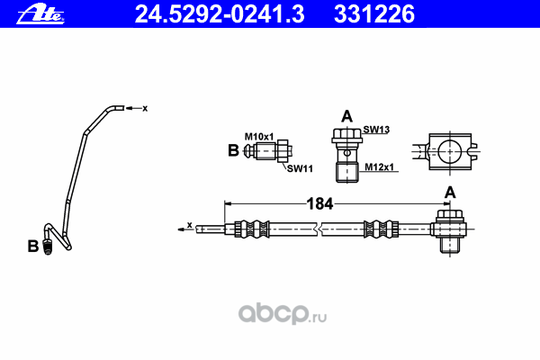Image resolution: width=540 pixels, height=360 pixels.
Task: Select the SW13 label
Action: (x=376, y=130)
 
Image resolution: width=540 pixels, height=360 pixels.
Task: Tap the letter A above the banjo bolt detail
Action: (x=346, y=115)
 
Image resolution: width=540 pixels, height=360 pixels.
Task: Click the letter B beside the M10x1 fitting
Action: (x=232, y=151)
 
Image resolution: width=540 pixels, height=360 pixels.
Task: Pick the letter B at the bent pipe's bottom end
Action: (x=32, y=246)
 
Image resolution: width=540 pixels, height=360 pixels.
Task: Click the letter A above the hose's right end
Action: (x=449, y=192)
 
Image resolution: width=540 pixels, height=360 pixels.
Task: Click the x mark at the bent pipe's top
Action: (x=143, y=108)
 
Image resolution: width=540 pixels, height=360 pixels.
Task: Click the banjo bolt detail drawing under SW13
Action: (x=346, y=153)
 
